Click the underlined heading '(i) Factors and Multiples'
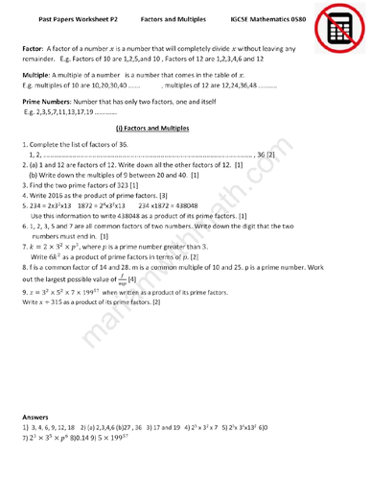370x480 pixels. tap(151, 127)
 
